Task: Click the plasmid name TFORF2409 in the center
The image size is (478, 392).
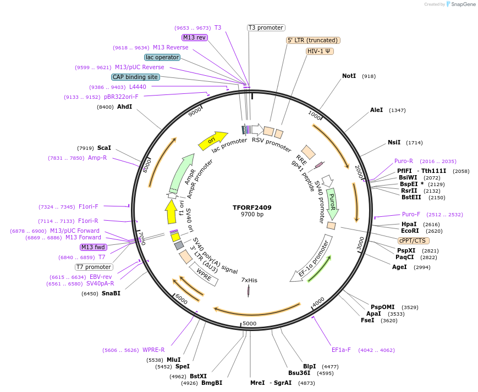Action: [x=252, y=208]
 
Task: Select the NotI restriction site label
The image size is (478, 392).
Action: [x=349, y=76]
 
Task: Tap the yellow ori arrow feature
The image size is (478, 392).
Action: [x=213, y=141]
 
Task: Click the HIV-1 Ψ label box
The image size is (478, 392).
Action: [x=320, y=51]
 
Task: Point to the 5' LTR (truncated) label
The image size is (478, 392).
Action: [x=313, y=40]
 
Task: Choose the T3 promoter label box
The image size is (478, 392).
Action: [x=266, y=27]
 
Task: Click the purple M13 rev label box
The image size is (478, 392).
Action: [x=194, y=37]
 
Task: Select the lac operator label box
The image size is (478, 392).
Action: [x=162, y=57]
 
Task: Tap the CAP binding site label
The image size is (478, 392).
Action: [x=135, y=77]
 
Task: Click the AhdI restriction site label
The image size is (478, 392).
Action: [x=124, y=107]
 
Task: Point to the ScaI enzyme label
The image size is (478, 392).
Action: [x=104, y=148]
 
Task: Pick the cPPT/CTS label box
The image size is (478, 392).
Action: [x=414, y=240]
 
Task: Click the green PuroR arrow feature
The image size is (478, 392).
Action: [x=332, y=203]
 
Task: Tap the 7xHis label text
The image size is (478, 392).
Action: [x=249, y=280]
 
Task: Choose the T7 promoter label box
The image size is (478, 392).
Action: [x=94, y=267]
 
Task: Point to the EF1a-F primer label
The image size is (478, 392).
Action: [x=341, y=350]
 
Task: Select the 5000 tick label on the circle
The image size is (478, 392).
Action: [x=250, y=323]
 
